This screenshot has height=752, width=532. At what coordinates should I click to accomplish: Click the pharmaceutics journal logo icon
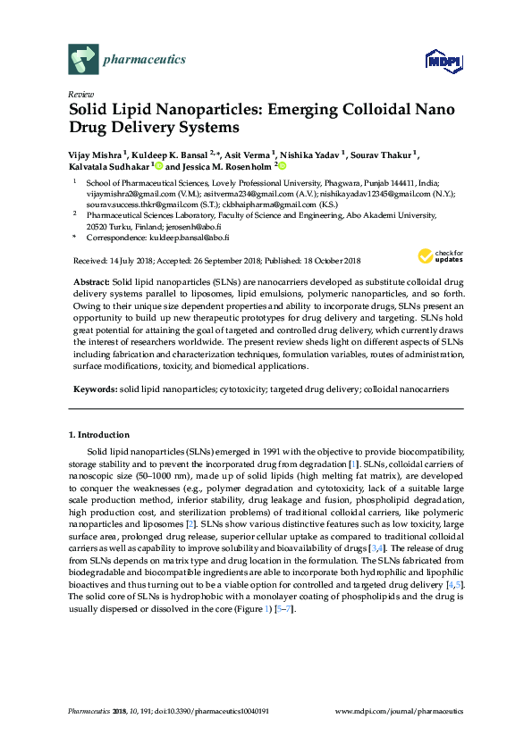(82, 60)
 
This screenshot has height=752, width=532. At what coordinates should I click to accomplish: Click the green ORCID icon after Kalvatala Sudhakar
(158, 166)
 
